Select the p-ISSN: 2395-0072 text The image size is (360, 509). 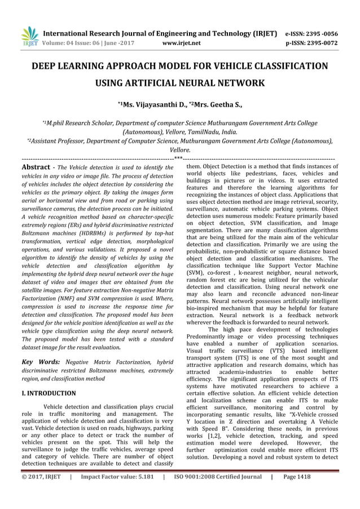pos(313,42)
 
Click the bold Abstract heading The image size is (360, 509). pos(37,168)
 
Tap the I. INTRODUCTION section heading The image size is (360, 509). pos(49,393)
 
